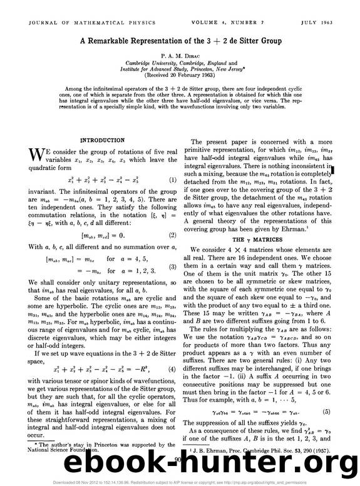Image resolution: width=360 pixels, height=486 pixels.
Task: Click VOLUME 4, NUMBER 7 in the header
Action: coord(247,9)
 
